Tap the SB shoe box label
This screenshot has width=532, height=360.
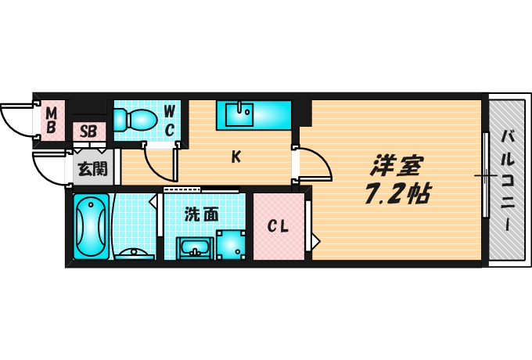pyautogui.click(x=88, y=131)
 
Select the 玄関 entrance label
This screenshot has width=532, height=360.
pyautogui.click(x=88, y=167)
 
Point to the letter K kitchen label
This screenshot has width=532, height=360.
pyautogui.click(x=235, y=157)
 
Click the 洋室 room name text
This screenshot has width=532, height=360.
pyautogui.click(x=397, y=166)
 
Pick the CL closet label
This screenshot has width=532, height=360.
pyautogui.click(x=279, y=227)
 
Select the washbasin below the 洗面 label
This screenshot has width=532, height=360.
pyautogui.click(x=194, y=248)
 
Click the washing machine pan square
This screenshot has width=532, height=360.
pyautogui.click(x=232, y=245)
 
